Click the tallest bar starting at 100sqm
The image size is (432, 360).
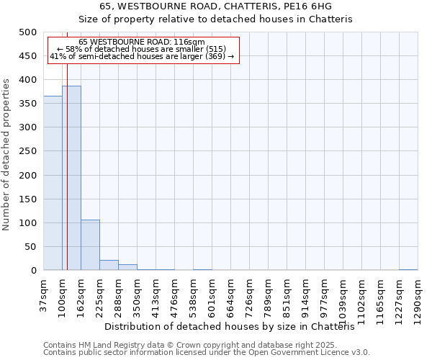[x=71, y=178]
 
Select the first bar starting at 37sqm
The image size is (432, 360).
[x=53, y=183]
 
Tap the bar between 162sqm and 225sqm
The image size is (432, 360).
[x=90, y=245]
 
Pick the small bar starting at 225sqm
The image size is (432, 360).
[x=109, y=265]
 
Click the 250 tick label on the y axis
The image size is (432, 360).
[x=27, y=151]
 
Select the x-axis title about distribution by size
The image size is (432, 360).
[x=234, y=327]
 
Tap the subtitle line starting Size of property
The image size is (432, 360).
[x=215, y=19]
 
